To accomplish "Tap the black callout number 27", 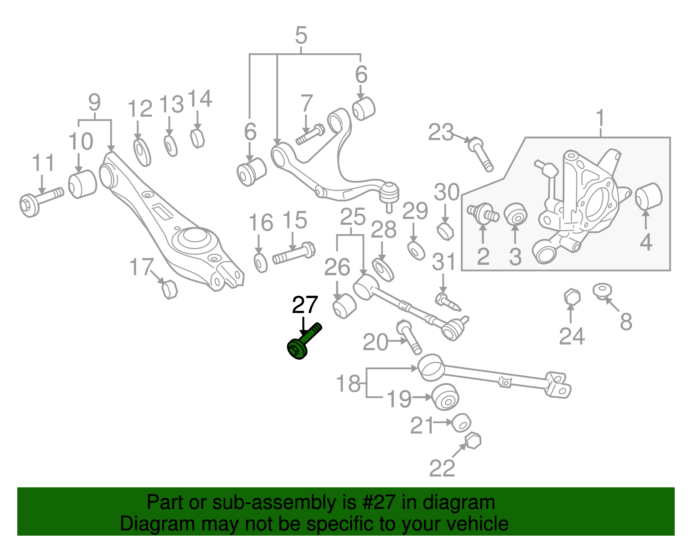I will point(305,305).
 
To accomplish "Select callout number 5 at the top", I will point(301,35).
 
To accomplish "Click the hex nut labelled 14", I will point(197,138).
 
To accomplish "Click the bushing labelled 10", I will point(82,184).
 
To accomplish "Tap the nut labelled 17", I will point(169,289).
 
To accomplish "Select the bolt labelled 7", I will point(310,134).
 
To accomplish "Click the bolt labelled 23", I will point(481,154).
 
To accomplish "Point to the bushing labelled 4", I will point(649,196).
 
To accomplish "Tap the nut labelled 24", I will point(572,297).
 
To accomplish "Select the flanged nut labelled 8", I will point(602,291).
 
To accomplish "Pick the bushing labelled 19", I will point(446,396).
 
